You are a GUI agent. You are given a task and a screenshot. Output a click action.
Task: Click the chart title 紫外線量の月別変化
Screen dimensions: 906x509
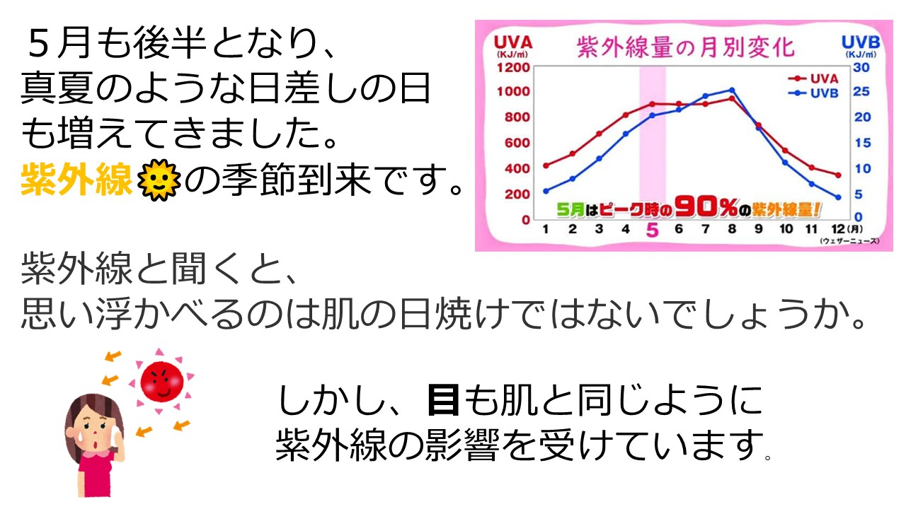pos(686,47)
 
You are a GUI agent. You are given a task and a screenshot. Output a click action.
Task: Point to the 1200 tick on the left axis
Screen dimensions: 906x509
pos(513,67)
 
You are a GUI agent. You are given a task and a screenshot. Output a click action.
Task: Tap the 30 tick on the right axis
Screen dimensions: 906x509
pos(861,67)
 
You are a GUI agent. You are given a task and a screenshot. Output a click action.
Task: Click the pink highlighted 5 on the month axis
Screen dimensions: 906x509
pos(653,230)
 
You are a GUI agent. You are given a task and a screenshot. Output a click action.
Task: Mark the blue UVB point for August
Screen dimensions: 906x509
pos(732,90)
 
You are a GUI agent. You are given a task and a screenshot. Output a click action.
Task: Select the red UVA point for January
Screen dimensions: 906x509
pos(546,165)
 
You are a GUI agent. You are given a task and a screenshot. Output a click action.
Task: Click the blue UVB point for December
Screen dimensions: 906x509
pos(839,197)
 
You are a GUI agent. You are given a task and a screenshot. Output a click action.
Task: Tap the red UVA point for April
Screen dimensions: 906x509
pos(626,115)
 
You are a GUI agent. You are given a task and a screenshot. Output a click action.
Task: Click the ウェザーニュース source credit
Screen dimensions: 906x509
pos(850,241)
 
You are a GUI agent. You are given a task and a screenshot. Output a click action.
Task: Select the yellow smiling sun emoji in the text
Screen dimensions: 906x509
pos(159,180)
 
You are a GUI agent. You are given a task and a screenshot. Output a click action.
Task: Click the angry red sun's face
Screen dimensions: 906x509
pos(162,382)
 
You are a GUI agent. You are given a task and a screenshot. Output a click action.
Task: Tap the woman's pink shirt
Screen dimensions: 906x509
pos(96,474)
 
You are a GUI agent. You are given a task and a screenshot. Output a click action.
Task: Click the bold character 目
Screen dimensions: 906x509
pos(444,401)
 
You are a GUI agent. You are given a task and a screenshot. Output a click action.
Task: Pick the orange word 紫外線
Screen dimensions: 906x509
pos(76,180)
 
